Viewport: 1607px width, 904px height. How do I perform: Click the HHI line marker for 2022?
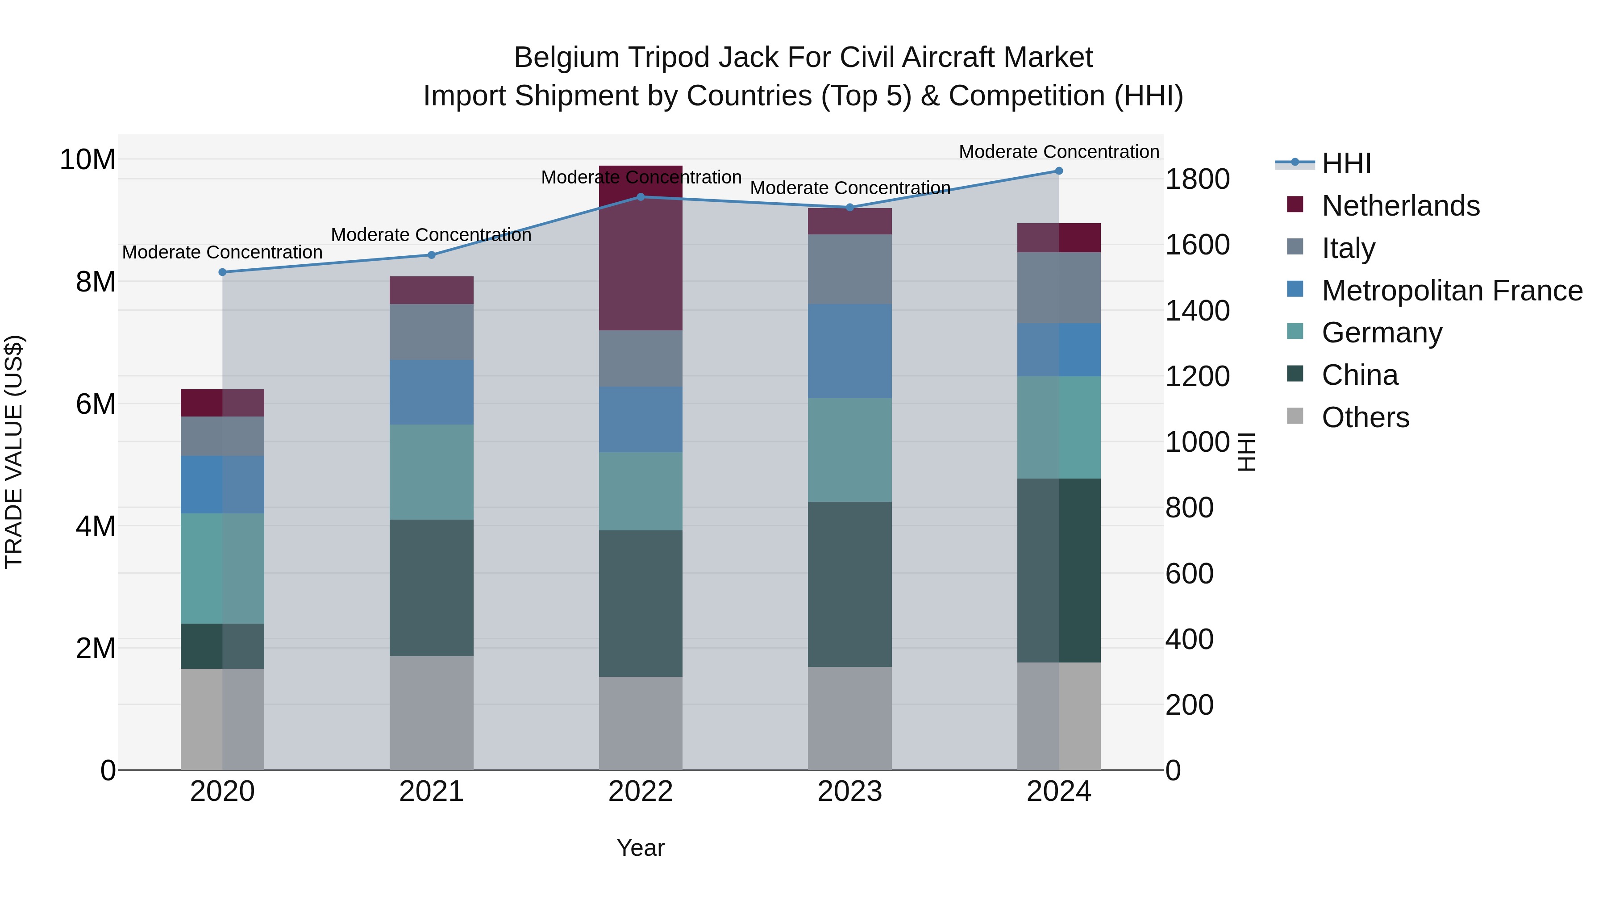[640, 197]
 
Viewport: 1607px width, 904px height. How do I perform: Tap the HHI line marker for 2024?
[1059, 171]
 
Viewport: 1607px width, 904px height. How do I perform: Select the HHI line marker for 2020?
[223, 272]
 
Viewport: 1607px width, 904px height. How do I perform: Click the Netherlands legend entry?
[1400, 206]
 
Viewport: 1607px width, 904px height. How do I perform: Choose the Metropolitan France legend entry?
[1452, 291]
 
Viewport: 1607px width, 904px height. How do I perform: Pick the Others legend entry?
[1365, 417]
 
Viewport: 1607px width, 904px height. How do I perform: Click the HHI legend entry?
[1346, 163]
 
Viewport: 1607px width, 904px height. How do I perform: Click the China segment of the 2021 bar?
[431, 587]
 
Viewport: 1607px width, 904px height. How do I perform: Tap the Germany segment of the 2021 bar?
[431, 472]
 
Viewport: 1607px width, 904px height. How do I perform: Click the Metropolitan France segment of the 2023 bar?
[849, 351]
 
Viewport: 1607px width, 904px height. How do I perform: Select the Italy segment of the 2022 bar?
[640, 359]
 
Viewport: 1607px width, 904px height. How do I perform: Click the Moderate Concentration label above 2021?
[431, 235]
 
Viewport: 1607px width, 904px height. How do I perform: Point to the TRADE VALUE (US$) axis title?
[14, 452]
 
